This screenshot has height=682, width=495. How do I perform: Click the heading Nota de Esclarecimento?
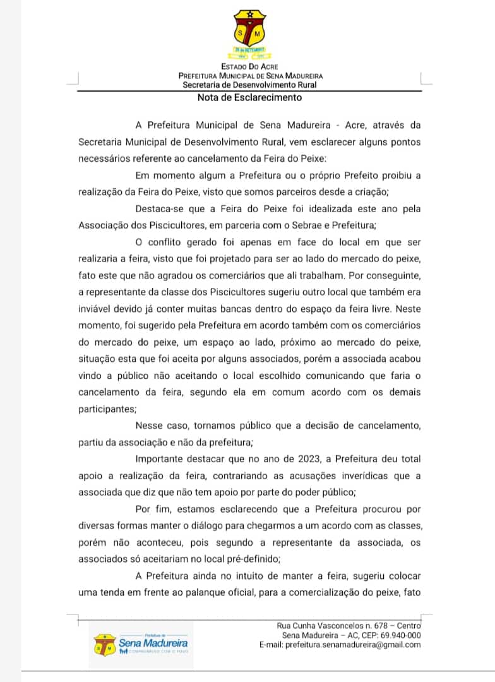pyautogui.click(x=249, y=98)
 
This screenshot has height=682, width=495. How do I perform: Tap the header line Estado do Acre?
pyautogui.click(x=249, y=66)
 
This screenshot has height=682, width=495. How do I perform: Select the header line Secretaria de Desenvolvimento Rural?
pyautogui.click(x=249, y=85)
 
